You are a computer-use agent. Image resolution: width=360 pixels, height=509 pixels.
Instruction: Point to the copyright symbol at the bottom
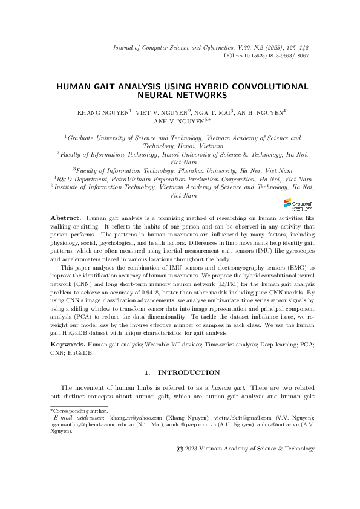click(x=179, y=449)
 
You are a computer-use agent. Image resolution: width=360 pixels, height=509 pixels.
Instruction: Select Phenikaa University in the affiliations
click(x=205, y=170)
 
